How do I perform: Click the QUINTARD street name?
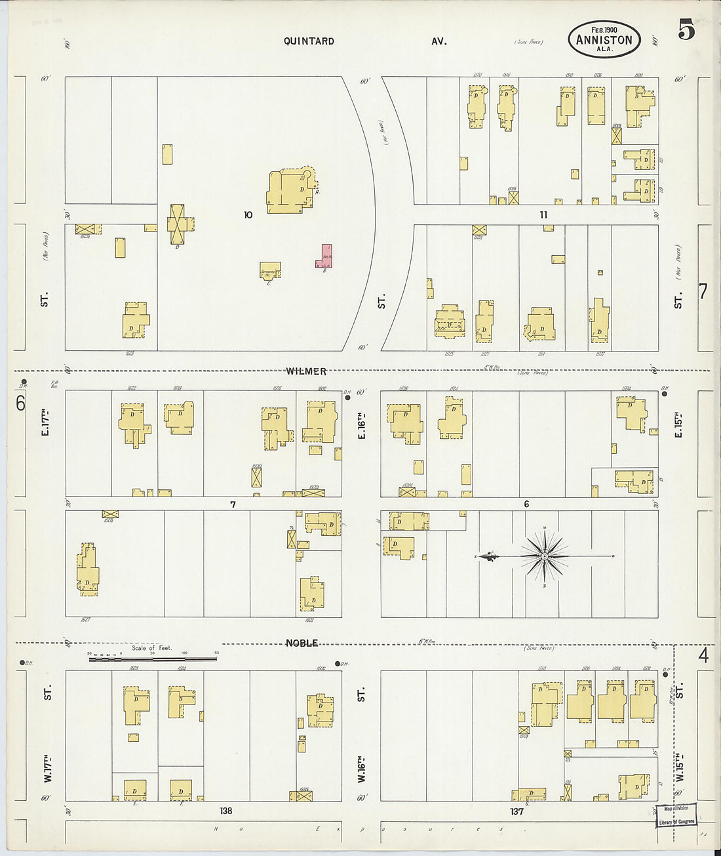point(309,41)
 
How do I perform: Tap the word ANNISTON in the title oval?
point(604,40)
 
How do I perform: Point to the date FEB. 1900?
point(604,30)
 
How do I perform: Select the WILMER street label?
point(306,371)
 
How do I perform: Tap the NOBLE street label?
point(302,643)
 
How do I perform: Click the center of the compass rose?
point(545,557)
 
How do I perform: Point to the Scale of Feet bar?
point(152,655)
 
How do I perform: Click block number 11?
point(543,214)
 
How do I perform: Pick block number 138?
point(226,811)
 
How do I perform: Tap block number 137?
point(516,811)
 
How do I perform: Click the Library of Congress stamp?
point(676,815)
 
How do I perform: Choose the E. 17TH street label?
point(45,423)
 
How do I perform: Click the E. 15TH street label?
point(678,425)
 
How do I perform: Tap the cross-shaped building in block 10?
point(178,224)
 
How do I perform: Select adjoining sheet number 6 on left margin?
point(20,403)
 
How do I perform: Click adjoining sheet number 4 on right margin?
point(703,655)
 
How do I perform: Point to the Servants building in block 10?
point(270,270)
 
